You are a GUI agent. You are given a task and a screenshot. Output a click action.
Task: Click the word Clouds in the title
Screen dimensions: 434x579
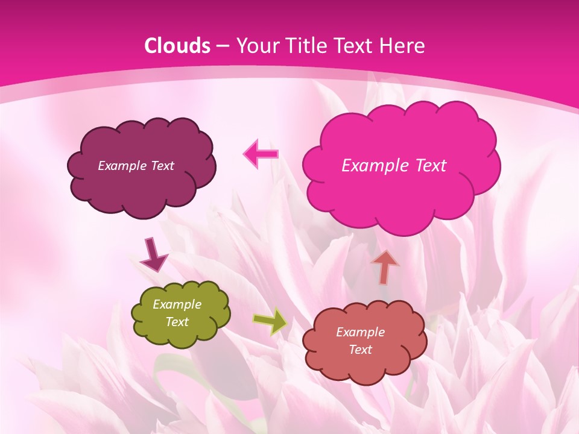[177, 46]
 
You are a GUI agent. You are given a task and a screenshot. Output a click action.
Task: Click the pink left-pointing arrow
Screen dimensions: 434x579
[261, 154]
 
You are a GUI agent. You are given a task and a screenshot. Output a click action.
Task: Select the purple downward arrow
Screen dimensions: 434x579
[153, 254]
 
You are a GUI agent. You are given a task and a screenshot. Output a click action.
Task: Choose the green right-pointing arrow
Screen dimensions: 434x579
[269, 321]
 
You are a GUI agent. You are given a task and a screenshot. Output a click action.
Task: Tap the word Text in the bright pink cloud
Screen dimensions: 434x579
[427, 166]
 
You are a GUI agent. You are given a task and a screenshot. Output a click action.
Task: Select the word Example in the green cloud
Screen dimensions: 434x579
[177, 304]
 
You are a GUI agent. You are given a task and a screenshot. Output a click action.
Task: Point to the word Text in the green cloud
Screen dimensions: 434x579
[177, 322]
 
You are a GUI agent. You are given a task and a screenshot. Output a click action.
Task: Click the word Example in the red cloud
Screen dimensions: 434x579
[360, 332]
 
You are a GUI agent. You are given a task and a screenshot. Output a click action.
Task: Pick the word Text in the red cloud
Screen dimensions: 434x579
[360, 350]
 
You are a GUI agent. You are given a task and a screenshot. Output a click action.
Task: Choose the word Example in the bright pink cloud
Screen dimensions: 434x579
[372, 166]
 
